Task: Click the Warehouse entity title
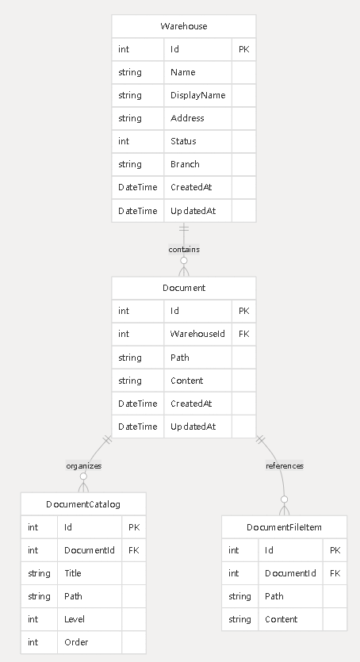(x=184, y=26)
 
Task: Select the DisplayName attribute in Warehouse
(x=197, y=95)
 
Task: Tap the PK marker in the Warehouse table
(x=244, y=49)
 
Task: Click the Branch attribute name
(x=185, y=164)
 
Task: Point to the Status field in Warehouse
(x=183, y=141)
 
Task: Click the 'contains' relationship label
(x=184, y=250)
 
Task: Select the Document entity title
(x=184, y=288)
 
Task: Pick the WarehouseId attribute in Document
(x=197, y=334)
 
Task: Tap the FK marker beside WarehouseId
(x=244, y=334)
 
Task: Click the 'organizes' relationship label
(x=84, y=465)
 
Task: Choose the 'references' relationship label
(x=285, y=465)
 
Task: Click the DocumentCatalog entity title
(x=83, y=504)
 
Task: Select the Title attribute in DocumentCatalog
(x=73, y=573)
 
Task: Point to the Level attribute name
(x=75, y=619)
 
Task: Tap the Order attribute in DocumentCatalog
(x=76, y=642)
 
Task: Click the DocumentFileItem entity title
(x=284, y=527)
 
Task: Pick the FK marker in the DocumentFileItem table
(x=335, y=573)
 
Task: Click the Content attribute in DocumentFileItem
(x=281, y=619)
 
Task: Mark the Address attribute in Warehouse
(x=187, y=118)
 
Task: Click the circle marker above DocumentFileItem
(x=285, y=499)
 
